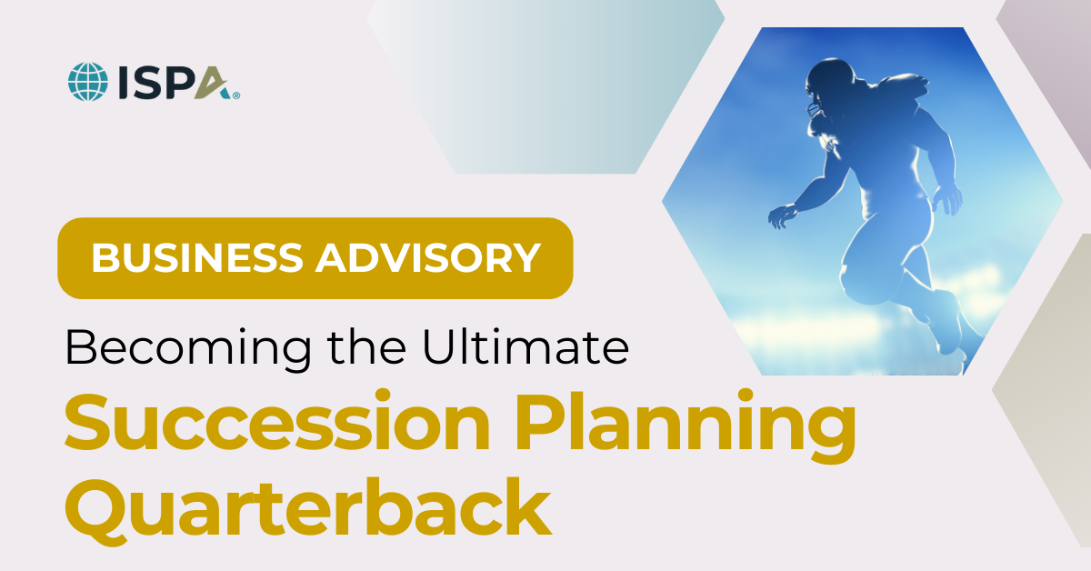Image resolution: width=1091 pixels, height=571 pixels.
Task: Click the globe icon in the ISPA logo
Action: (88, 81)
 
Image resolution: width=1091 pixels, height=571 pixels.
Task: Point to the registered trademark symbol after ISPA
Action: (236, 93)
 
